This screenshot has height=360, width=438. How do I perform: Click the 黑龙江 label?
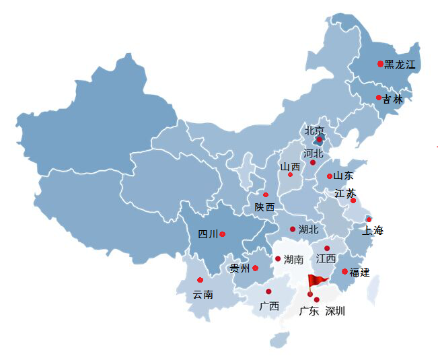click(x=400, y=65)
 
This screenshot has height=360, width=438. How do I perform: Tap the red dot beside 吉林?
click(x=379, y=98)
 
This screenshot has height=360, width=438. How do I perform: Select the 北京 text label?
click(x=314, y=131)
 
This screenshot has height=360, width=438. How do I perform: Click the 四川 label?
click(x=208, y=234)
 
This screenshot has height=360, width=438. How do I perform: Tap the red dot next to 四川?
click(x=222, y=234)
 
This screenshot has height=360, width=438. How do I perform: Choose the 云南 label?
click(x=203, y=295)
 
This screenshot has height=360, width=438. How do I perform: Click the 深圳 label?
click(x=335, y=311)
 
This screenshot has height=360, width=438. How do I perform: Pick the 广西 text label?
click(x=269, y=306)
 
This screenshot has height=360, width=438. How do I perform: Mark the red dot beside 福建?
click(x=344, y=271)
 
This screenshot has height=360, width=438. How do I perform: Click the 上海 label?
click(x=373, y=231)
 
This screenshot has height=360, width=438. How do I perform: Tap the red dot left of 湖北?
click(x=293, y=229)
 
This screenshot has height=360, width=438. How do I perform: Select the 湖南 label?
click(x=293, y=260)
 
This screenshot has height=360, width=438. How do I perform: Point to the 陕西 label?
click(x=264, y=207)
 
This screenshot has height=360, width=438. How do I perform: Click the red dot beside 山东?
click(x=330, y=176)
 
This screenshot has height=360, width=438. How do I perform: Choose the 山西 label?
click(x=290, y=167)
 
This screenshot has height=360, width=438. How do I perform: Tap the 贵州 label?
click(x=240, y=268)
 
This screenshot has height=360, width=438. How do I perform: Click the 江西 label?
click(x=326, y=258)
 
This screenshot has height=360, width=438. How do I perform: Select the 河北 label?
click(x=314, y=153)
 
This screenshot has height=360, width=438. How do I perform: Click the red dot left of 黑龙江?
click(x=380, y=64)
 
